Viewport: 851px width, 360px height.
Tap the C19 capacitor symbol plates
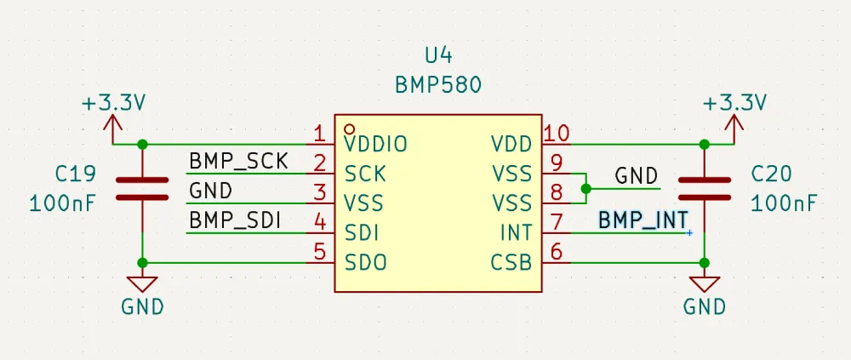(x=142, y=188)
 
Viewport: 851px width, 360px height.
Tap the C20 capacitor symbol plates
(x=705, y=188)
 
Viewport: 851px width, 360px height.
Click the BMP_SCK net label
(x=237, y=161)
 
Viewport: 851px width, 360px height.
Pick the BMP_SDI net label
(x=236, y=220)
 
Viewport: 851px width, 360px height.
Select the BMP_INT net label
(x=643, y=220)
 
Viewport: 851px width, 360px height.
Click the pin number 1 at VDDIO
(x=319, y=134)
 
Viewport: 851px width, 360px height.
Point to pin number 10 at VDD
(x=557, y=134)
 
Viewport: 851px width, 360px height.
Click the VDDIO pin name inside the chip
(x=376, y=145)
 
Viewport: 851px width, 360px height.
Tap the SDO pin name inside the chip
(x=366, y=263)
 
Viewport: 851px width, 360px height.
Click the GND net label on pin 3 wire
(x=210, y=191)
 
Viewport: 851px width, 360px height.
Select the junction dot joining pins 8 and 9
(x=585, y=188)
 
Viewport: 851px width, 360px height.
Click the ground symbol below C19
(x=142, y=285)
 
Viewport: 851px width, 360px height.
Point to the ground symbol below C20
(x=705, y=285)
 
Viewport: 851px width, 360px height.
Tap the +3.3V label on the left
(x=114, y=103)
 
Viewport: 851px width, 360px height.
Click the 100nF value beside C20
(x=784, y=204)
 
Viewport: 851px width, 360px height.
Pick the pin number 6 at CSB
(x=556, y=252)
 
